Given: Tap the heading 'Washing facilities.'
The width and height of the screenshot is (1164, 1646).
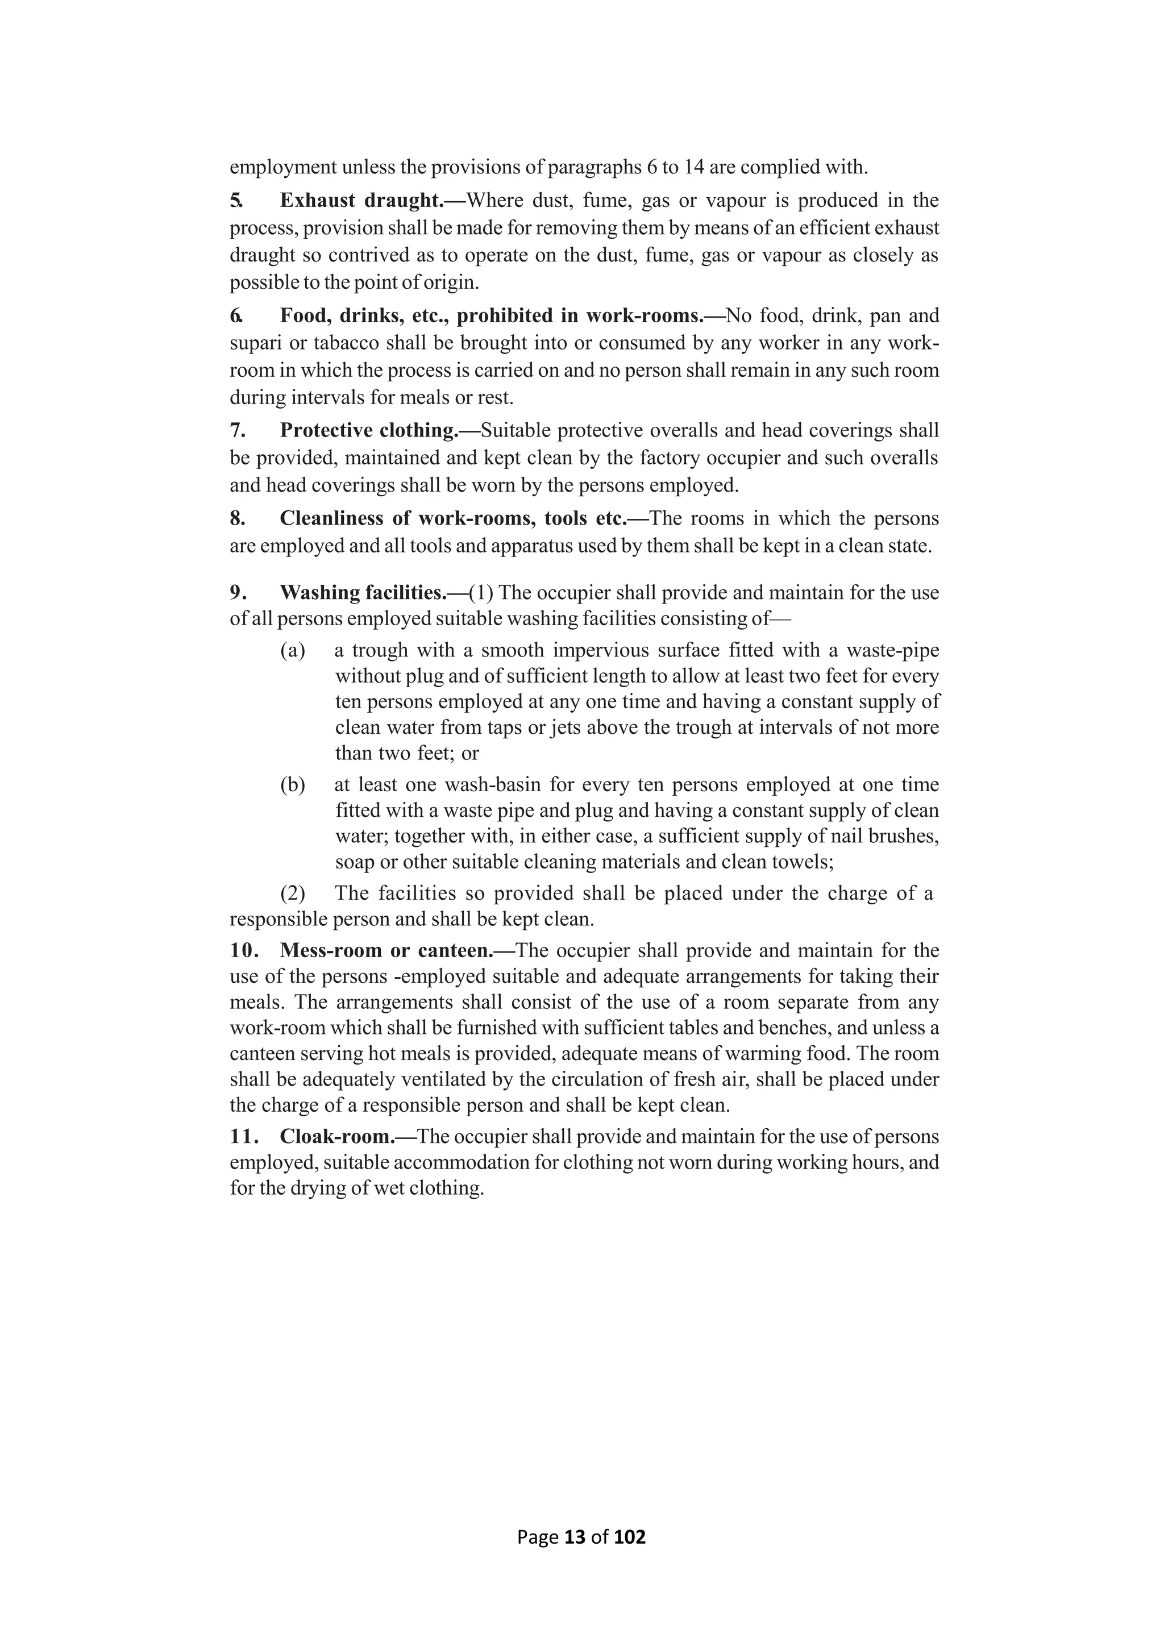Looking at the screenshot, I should pos(363,593).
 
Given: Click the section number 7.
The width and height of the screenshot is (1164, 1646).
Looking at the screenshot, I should pos(237,430).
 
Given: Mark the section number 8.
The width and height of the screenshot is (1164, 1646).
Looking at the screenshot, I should pos(237,518).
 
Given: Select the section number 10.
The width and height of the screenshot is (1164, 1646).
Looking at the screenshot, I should pos(244,951).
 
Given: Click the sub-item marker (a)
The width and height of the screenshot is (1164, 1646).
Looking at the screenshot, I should pos(293,650).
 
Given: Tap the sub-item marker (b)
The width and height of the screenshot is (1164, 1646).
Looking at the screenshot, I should pos(293,785).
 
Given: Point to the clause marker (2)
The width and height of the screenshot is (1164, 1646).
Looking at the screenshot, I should pos(293,893).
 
